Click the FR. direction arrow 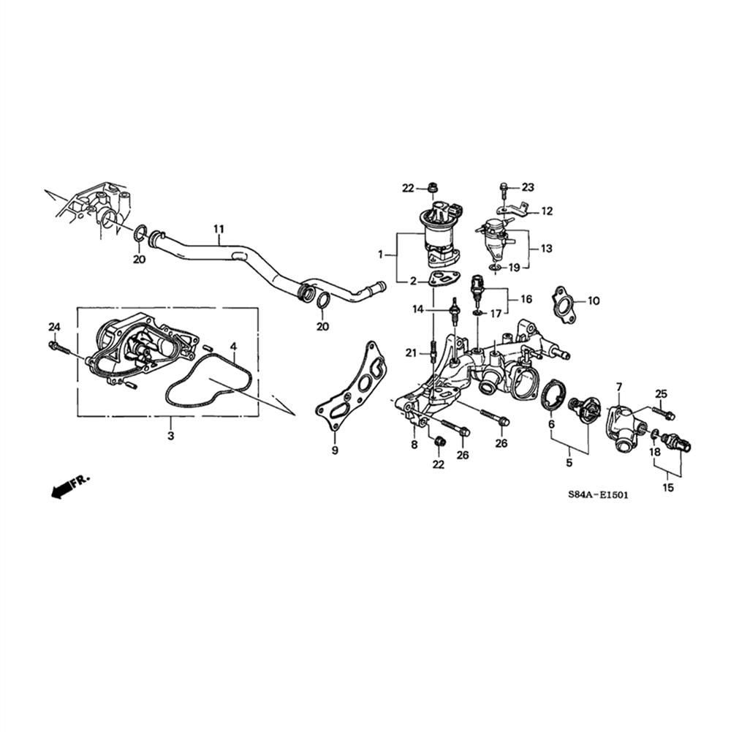[68, 486]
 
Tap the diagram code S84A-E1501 [598, 495]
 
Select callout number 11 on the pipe [218, 229]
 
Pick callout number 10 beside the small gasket [593, 301]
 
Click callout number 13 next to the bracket [547, 249]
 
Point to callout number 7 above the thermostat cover [618, 386]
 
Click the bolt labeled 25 [667, 414]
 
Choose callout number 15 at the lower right [668, 488]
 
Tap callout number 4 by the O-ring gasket [232, 346]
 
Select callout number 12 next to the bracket [546, 211]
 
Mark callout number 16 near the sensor [526, 298]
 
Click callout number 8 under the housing [414, 445]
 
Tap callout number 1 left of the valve [381, 254]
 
